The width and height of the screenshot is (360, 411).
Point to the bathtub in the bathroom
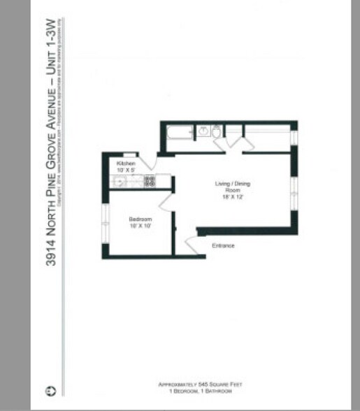pyautogui.click(x=178, y=131)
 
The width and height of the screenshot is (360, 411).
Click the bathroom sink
pyautogui.click(x=203, y=131)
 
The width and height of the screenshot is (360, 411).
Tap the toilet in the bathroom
pyautogui.click(x=217, y=131)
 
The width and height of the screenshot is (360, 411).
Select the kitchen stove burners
pyautogui.click(x=150, y=181)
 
